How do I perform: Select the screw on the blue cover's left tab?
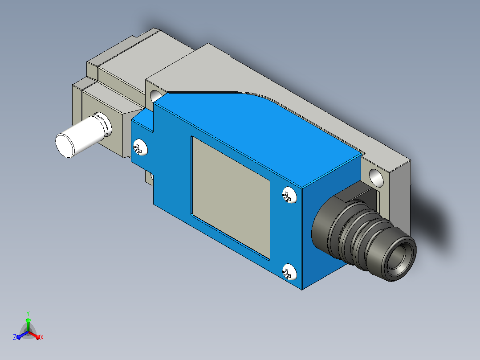point(140,147)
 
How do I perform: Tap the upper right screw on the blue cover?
point(289,195)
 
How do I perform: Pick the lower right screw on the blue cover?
point(289,271)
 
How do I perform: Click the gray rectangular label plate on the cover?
point(231,198)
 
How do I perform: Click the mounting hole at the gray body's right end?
point(376,178)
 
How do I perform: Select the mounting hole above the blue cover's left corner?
point(155,96)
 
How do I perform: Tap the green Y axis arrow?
point(28,325)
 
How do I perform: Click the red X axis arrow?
point(34,335)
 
